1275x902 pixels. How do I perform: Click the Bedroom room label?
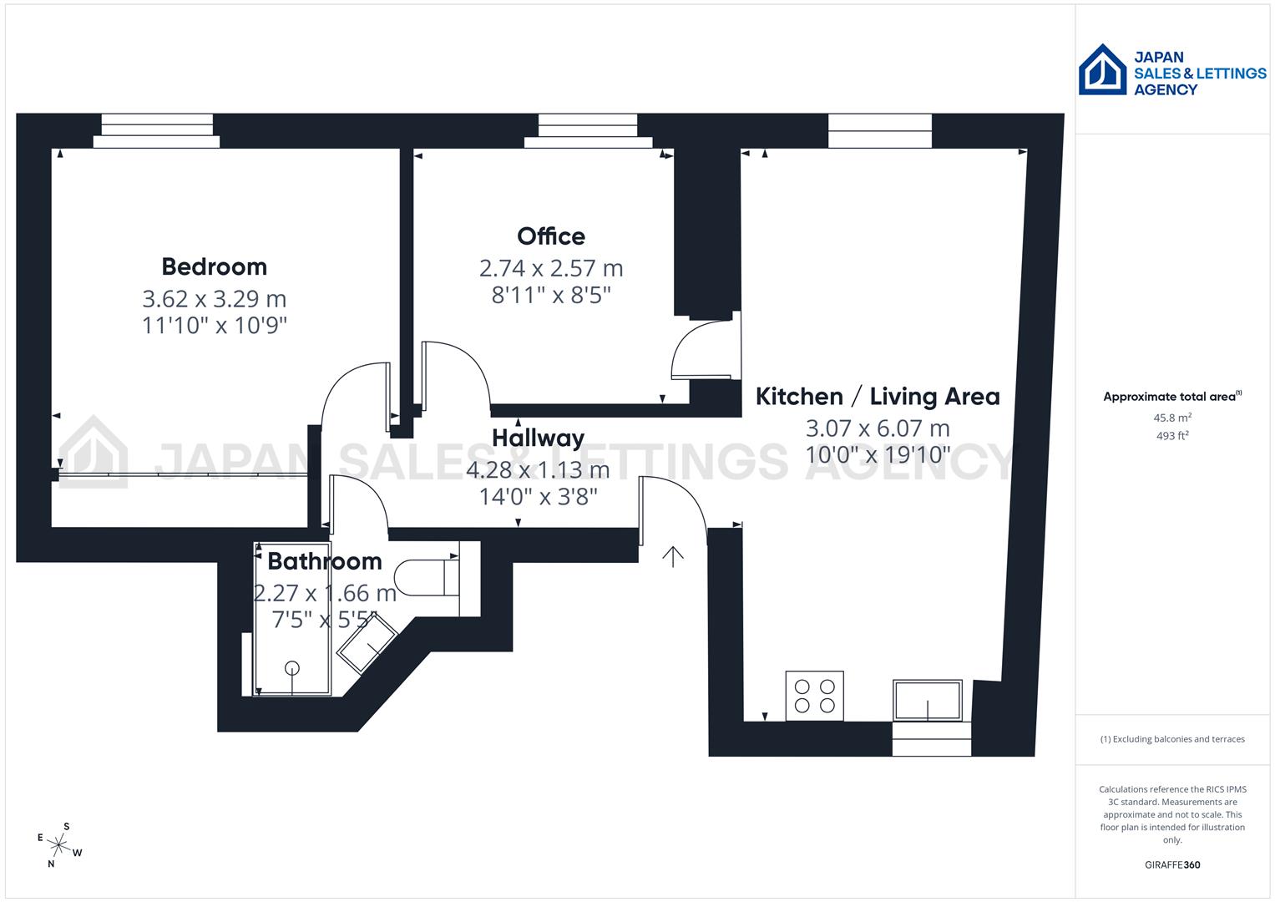tap(215, 266)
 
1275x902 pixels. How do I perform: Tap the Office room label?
tap(551, 236)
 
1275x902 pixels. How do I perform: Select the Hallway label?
tap(538, 438)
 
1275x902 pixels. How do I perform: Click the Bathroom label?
tap(325, 561)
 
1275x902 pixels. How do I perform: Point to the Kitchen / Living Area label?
tap(878, 397)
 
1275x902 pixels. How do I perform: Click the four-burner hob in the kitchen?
tap(815, 696)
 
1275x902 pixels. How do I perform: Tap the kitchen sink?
tap(928, 700)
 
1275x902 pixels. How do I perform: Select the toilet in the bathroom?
tap(426, 577)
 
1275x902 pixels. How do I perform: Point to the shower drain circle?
tap(292, 667)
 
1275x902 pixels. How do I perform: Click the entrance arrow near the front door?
tap(673, 556)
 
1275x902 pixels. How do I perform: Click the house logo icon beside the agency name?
tap(1103, 70)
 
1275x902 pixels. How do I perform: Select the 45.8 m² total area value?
tap(1172, 418)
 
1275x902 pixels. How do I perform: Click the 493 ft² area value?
tap(1172, 436)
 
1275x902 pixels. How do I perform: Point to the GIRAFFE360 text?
tap(1172, 864)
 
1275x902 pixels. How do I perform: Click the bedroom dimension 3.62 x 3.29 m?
tap(215, 298)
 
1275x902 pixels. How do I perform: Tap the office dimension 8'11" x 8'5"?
tap(551, 295)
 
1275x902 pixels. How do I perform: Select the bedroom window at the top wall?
tap(156, 131)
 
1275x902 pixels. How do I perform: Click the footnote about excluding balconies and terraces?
tap(1172, 739)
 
